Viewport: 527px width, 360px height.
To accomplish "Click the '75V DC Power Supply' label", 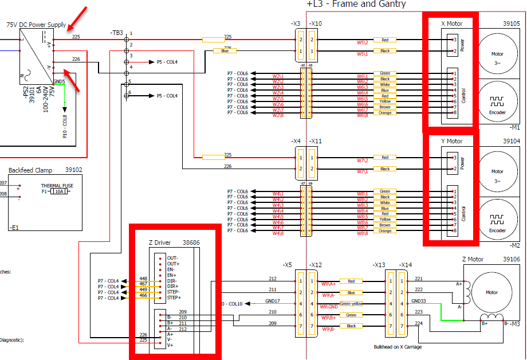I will [x=36, y=25].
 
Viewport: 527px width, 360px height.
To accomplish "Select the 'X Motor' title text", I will [x=451, y=24].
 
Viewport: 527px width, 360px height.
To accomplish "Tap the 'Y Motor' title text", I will [x=451, y=141].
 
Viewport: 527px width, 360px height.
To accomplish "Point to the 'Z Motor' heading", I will [x=474, y=259].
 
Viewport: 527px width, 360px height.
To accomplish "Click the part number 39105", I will [x=511, y=24].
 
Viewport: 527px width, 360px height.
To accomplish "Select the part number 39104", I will [x=511, y=141].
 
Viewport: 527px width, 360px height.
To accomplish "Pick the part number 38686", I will [x=191, y=242].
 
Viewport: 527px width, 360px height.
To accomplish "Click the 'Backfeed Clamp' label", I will [x=29, y=170].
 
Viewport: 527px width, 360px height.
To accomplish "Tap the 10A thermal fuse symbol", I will [x=60, y=191].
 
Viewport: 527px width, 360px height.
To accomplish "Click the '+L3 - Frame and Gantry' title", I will [x=356, y=5].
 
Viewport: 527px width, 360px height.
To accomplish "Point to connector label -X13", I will [x=379, y=265].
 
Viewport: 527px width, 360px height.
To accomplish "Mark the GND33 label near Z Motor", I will [x=419, y=301].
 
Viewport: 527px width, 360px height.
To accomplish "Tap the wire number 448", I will [x=143, y=279].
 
